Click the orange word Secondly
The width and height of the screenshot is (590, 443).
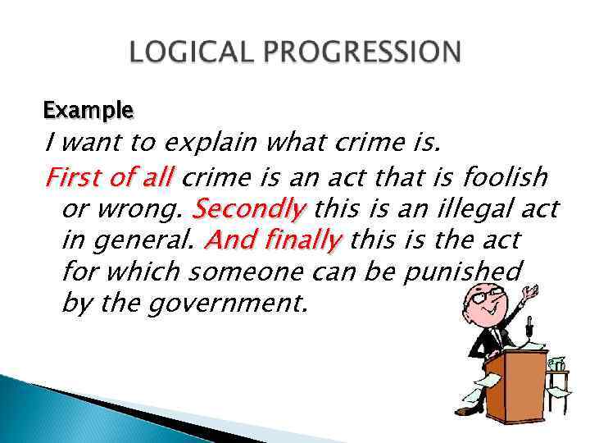[247, 210]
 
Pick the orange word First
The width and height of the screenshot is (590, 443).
[71, 177]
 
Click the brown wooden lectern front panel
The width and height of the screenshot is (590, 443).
[517, 385]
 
